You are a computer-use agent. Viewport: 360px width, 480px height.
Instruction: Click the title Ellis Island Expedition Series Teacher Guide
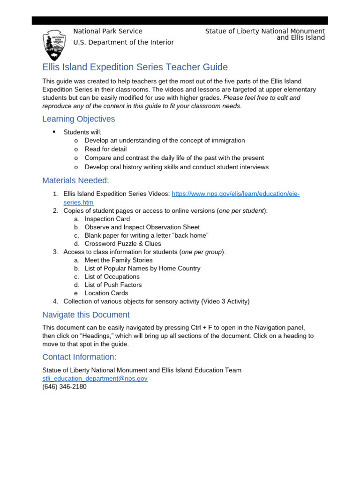(135, 67)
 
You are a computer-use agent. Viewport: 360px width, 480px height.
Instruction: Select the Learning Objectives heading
(78, 119)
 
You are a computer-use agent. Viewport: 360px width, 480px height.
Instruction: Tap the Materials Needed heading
(75, 180)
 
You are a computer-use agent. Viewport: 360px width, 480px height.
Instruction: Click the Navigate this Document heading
(86, 315)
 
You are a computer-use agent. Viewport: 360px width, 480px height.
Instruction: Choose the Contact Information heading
(79, 357)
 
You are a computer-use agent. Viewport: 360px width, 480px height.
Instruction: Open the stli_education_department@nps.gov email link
(95, 378)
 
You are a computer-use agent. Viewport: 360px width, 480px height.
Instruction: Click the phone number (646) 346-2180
(64, 387)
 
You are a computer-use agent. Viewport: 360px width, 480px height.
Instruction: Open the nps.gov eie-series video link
(235, 194)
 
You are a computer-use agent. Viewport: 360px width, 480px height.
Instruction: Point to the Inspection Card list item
(107, 219)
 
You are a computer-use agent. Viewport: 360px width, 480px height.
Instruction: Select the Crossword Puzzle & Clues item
(123, 244)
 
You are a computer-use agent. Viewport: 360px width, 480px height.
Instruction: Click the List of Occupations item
(112, 277)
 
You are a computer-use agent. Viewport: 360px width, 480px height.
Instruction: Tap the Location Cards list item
(106, 293)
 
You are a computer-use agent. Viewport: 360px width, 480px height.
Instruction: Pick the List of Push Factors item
(113, 285)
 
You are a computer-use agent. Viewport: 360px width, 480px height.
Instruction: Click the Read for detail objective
(105, 149)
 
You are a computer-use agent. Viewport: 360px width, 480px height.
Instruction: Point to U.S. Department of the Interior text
(123, 42)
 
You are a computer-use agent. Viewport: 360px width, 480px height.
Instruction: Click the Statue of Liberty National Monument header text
(265, 31)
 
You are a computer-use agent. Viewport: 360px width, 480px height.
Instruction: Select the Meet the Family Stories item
(119, 260)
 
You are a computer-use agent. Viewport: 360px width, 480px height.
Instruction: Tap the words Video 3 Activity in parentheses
(225, 301)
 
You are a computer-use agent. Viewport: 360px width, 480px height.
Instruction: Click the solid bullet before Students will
(54, 132)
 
